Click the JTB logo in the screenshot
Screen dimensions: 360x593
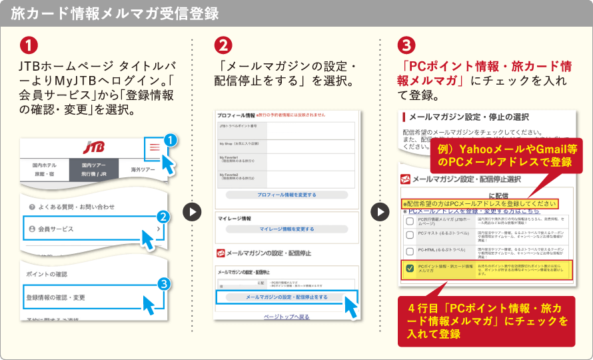93,147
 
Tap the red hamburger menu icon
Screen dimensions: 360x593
155,148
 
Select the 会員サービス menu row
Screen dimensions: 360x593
92,229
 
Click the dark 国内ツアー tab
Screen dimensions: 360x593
95,169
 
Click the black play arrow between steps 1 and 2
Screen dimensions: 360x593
192,212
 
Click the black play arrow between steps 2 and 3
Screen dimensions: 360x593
380,212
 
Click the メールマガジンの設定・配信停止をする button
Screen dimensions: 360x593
287,297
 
